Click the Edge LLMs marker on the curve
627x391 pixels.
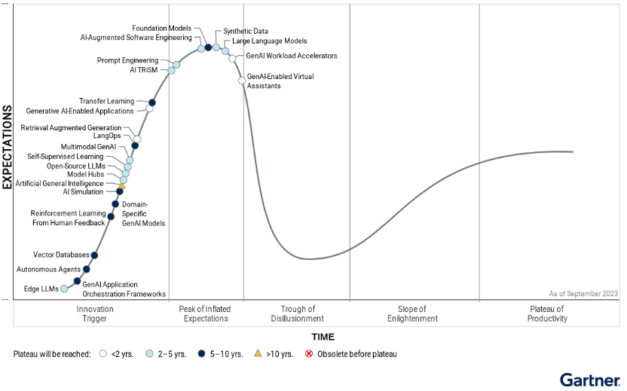coord(64,289)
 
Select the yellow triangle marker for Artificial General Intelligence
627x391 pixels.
coord(122,185)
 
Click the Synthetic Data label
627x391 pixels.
coord(242,32)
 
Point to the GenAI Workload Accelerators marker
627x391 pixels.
coord(232,58)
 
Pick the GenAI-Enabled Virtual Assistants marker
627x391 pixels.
coord(241,80)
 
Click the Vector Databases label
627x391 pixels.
coord(62,255)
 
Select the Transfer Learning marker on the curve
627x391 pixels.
coord(152,102)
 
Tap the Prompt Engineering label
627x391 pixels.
coord(127,60)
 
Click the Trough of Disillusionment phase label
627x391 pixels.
coord(297,313)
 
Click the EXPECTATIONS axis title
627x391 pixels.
coord(8,147)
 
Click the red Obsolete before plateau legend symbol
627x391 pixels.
coord(308,353)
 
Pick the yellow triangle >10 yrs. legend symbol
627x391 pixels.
coord(258,353)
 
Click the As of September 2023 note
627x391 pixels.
coord(584,293)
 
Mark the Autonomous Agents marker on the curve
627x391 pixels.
coord(86,269)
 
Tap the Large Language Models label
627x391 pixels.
coord(270,41)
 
